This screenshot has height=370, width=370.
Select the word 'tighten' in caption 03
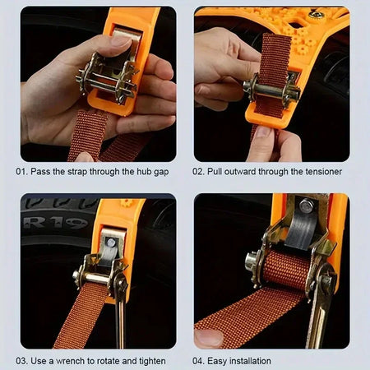(148, 360)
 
